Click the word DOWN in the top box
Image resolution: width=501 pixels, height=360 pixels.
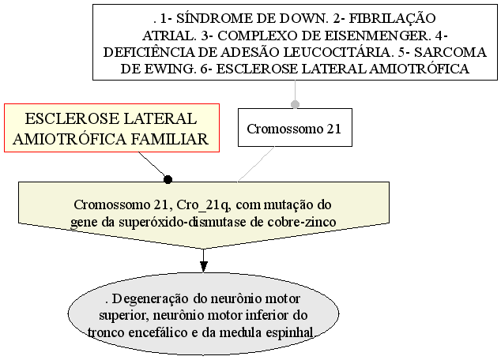[303, 18]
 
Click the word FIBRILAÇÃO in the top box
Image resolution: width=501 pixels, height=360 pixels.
[392, 18]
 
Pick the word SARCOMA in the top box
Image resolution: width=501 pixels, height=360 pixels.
[450, 52]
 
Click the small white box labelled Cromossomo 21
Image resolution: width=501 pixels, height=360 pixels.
[295, 127]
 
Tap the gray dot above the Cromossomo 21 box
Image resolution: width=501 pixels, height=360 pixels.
[295, 104]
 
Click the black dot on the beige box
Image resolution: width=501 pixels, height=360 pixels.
[168, 180]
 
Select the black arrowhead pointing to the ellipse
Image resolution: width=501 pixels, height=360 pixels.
[203, 267]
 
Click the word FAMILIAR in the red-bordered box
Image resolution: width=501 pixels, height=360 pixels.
[170, 140]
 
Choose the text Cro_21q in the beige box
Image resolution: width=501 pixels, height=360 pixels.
[203, 205]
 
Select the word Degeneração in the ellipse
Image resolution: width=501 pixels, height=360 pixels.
[150, 299]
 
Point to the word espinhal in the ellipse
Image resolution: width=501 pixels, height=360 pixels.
[289, 333]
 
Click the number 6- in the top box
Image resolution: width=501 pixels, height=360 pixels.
[206, 69]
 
